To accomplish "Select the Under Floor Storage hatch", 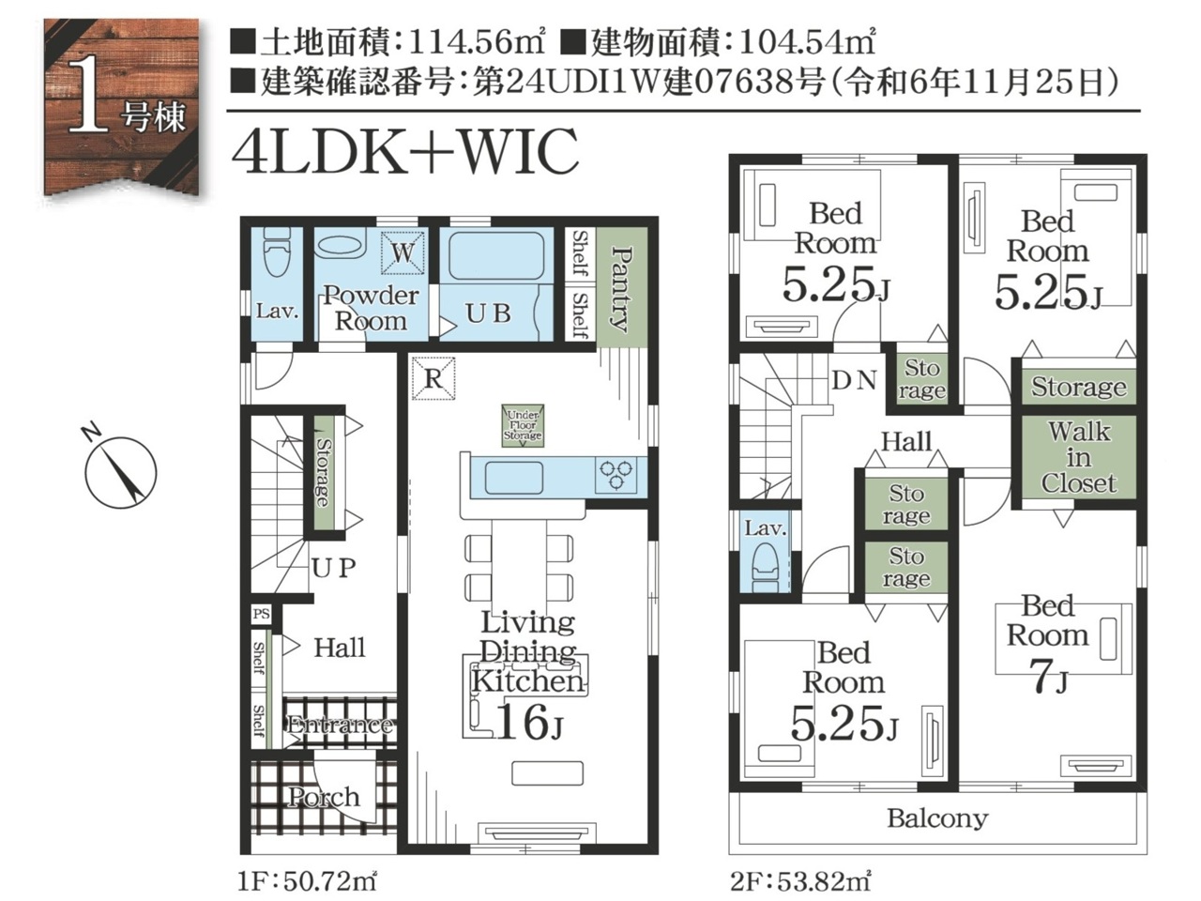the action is pyautogui.click(x=523, y=425).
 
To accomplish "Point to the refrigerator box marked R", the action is pyautogui.click(x=433, y=378).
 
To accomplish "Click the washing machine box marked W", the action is pyautogui.click(x=403, y=252).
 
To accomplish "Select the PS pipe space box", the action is pyautogui.click(x=262, y=614).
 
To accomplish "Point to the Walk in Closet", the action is pyautogui.click(x=1079, y=458).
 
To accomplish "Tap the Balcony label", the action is pyautogui.click(x=938, y=819).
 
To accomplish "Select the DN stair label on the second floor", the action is pyautogui.click(x=854, y=380).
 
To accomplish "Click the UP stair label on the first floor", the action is pyautogui.click(x=334, y=569).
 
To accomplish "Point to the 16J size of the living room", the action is pyautogui.click(x=528, y=722).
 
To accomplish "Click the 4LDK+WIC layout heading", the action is pyautogui.click(x=405, y=150).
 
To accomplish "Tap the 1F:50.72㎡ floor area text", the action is pyautogui.click(x=308, y=882).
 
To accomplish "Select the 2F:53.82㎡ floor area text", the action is pyautogui.click(x=800, y=882).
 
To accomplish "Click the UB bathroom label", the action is pyautogui.click(x=488, y=313).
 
